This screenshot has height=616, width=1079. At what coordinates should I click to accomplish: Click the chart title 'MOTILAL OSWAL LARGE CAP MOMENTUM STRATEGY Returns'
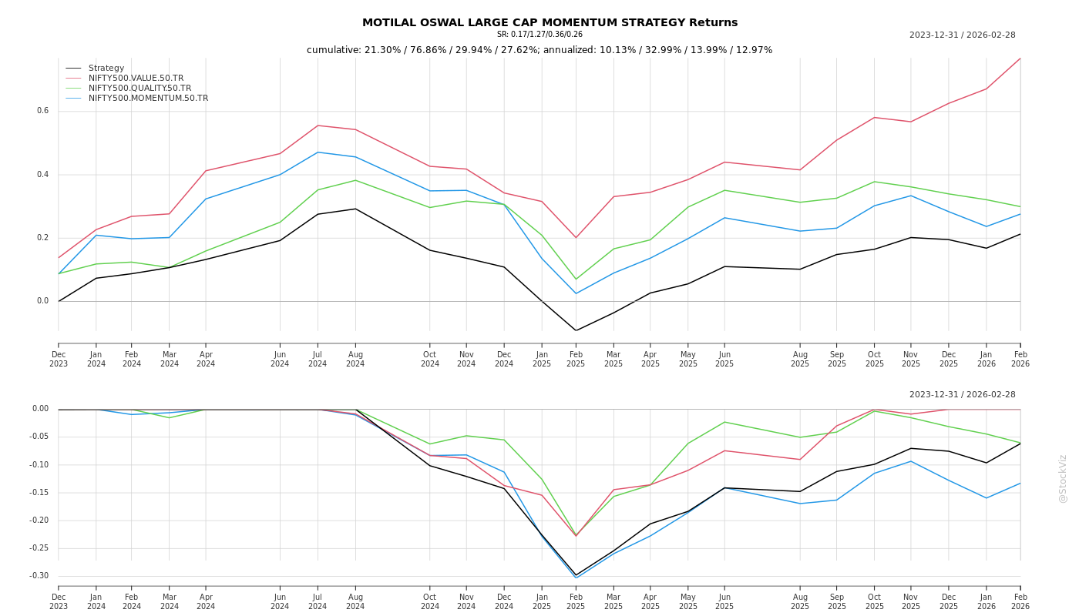coord(550,23)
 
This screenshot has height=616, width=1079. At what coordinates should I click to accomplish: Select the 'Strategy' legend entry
coord(106,69)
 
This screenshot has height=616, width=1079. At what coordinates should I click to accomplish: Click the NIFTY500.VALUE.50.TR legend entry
coord(136,79)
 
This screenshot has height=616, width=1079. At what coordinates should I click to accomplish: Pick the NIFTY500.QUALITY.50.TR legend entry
coord(139,89)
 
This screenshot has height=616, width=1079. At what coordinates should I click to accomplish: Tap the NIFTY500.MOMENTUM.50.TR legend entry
coord(148,99)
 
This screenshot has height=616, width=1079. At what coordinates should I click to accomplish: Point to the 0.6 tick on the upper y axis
coord(43,111)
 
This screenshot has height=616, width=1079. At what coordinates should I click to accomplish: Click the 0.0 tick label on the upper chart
coord(43,301)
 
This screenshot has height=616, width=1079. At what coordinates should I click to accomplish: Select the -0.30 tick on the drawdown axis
coord(39,576)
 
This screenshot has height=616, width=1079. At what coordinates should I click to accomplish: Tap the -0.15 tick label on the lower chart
coord(39,493)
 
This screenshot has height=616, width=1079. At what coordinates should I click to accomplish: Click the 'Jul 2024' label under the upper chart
coord(318,360)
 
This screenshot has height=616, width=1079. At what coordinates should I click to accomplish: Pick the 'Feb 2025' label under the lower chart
coord(576,601)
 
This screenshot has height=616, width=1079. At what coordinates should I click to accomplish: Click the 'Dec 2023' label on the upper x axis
coord(59,360)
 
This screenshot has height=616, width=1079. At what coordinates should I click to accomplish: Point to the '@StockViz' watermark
coord(1063,478)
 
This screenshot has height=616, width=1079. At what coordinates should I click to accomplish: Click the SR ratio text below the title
coord(539,35)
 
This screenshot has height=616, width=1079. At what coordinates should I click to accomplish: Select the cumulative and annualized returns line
coord(539,50)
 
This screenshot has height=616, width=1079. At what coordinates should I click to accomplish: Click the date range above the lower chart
coord(962,395)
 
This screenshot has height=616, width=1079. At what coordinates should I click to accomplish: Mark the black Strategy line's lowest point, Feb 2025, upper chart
coord(576,330)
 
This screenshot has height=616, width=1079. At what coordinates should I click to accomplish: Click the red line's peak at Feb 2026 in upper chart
coord(1020,59)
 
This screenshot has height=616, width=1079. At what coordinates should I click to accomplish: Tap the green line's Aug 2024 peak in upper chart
coord(355,180)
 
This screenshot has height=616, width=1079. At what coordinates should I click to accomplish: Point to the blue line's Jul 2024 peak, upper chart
coord(318,152)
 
